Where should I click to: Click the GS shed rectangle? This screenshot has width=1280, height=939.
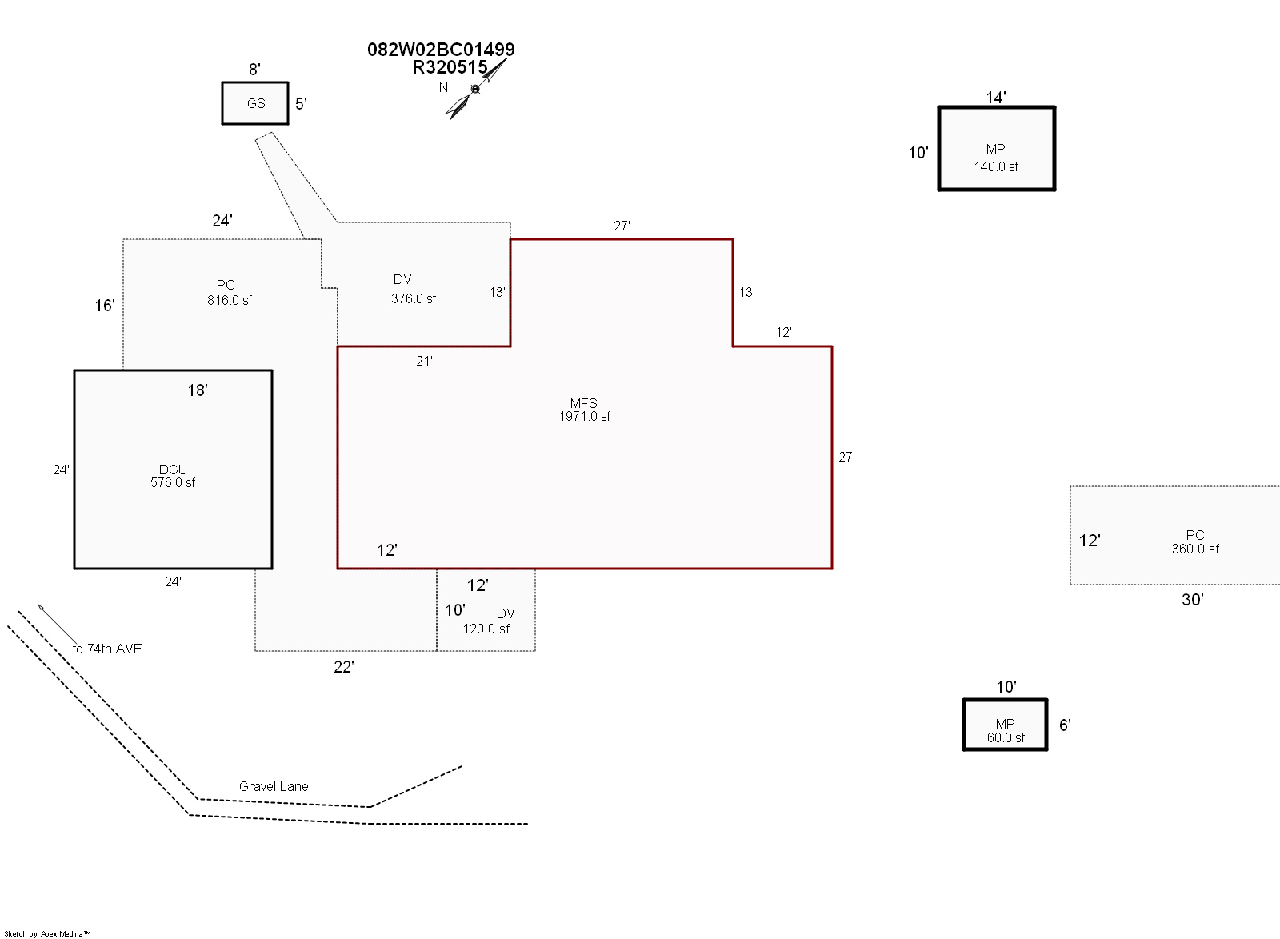(255, 103)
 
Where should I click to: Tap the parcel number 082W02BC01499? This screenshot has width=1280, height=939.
(441, 50)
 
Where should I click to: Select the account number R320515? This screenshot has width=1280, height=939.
(450, 67)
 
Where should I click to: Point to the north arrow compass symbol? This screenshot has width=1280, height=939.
(475, 89)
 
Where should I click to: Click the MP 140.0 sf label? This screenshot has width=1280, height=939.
(996, 158)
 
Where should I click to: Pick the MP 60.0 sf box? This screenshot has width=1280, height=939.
(1005, 725)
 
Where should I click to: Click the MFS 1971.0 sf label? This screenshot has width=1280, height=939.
(584, 410)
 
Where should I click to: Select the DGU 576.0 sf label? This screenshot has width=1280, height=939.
(173, 476)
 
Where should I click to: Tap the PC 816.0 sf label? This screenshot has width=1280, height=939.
(229, 293)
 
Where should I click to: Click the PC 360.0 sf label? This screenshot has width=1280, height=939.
(1195, 542)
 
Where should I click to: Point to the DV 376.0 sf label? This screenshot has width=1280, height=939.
(413, 289)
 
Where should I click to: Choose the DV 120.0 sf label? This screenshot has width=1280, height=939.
(486, 621)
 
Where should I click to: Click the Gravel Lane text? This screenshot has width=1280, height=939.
(274, 786)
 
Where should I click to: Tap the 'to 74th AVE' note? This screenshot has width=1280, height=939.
(107, 649)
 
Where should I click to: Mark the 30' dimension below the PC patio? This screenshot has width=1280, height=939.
(1193, 600)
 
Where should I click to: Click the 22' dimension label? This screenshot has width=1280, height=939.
(344, 667)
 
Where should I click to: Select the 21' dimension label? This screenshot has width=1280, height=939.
(424, 361)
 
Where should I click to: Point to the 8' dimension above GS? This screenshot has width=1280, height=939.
(255, 69)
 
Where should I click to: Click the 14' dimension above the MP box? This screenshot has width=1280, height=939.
(996, 98)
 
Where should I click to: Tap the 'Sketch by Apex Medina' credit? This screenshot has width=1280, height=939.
(47, 934)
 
